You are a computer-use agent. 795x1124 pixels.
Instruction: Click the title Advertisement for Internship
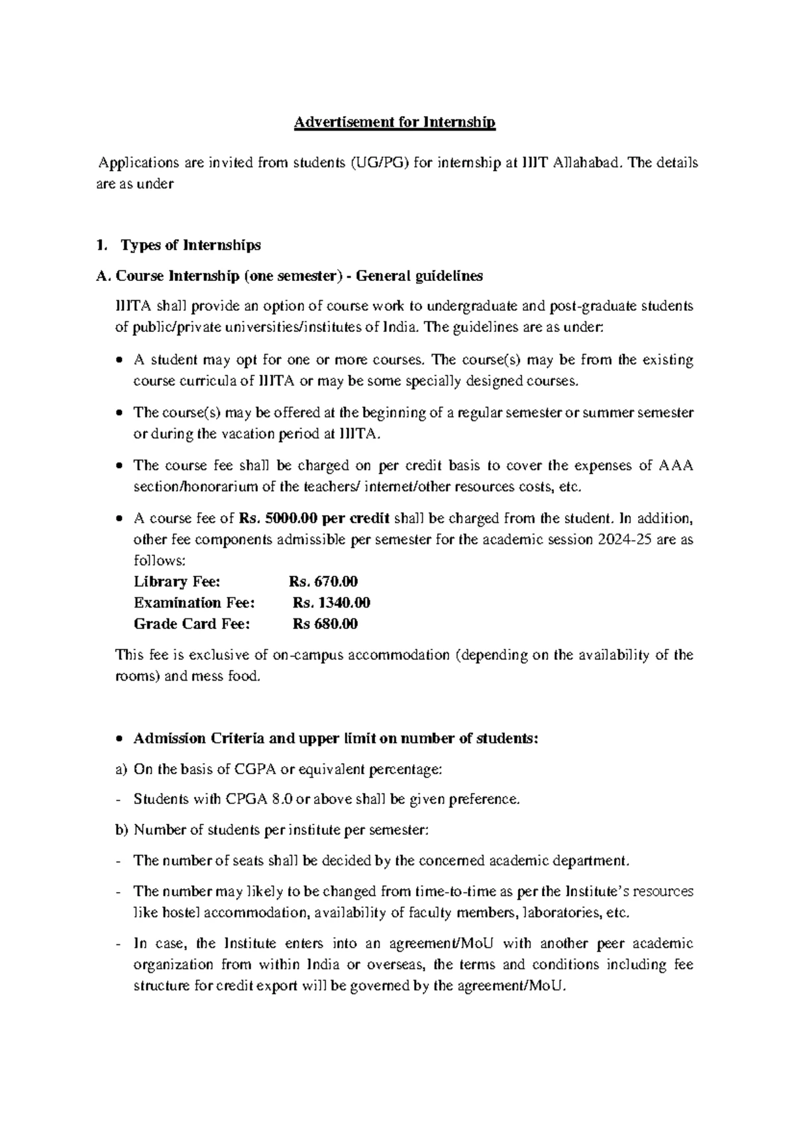(x=395, y=123)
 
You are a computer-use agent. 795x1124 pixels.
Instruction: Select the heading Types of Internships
(x=190, y=245)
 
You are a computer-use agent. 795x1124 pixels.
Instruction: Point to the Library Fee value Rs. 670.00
(x=323, y=582)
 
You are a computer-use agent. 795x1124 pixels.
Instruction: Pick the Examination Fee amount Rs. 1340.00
(x=331, y=603)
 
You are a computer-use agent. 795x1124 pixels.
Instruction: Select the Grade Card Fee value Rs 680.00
(x=325, y=624)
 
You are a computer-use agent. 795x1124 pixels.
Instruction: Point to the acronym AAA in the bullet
(x=676, y=466)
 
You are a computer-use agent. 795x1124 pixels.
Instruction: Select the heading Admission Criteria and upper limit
(x=336, y=739)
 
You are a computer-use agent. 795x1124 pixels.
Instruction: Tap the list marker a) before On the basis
(x=121, y=770)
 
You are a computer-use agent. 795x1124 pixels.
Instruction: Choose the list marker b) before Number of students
(x=121, y=830)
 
